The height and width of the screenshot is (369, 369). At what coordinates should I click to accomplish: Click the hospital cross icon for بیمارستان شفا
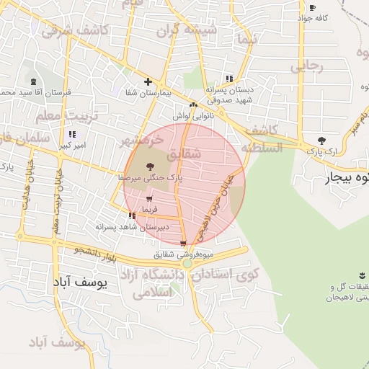(148, 82)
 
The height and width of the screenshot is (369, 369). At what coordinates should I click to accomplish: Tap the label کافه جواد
(316, 17)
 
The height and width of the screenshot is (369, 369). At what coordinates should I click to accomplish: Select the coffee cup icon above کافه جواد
(312, 7)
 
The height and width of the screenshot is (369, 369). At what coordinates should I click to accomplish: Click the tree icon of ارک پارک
(321, 141)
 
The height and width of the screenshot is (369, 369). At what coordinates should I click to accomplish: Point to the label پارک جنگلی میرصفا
(145, 177)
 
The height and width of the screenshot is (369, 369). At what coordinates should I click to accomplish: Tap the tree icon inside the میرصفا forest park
(149, 166)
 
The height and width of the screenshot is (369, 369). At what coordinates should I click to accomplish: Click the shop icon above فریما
(149, 199)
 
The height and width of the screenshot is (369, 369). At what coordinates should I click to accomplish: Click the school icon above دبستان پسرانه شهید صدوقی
(229, 79)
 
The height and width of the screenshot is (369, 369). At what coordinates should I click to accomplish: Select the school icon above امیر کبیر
(72, 135)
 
